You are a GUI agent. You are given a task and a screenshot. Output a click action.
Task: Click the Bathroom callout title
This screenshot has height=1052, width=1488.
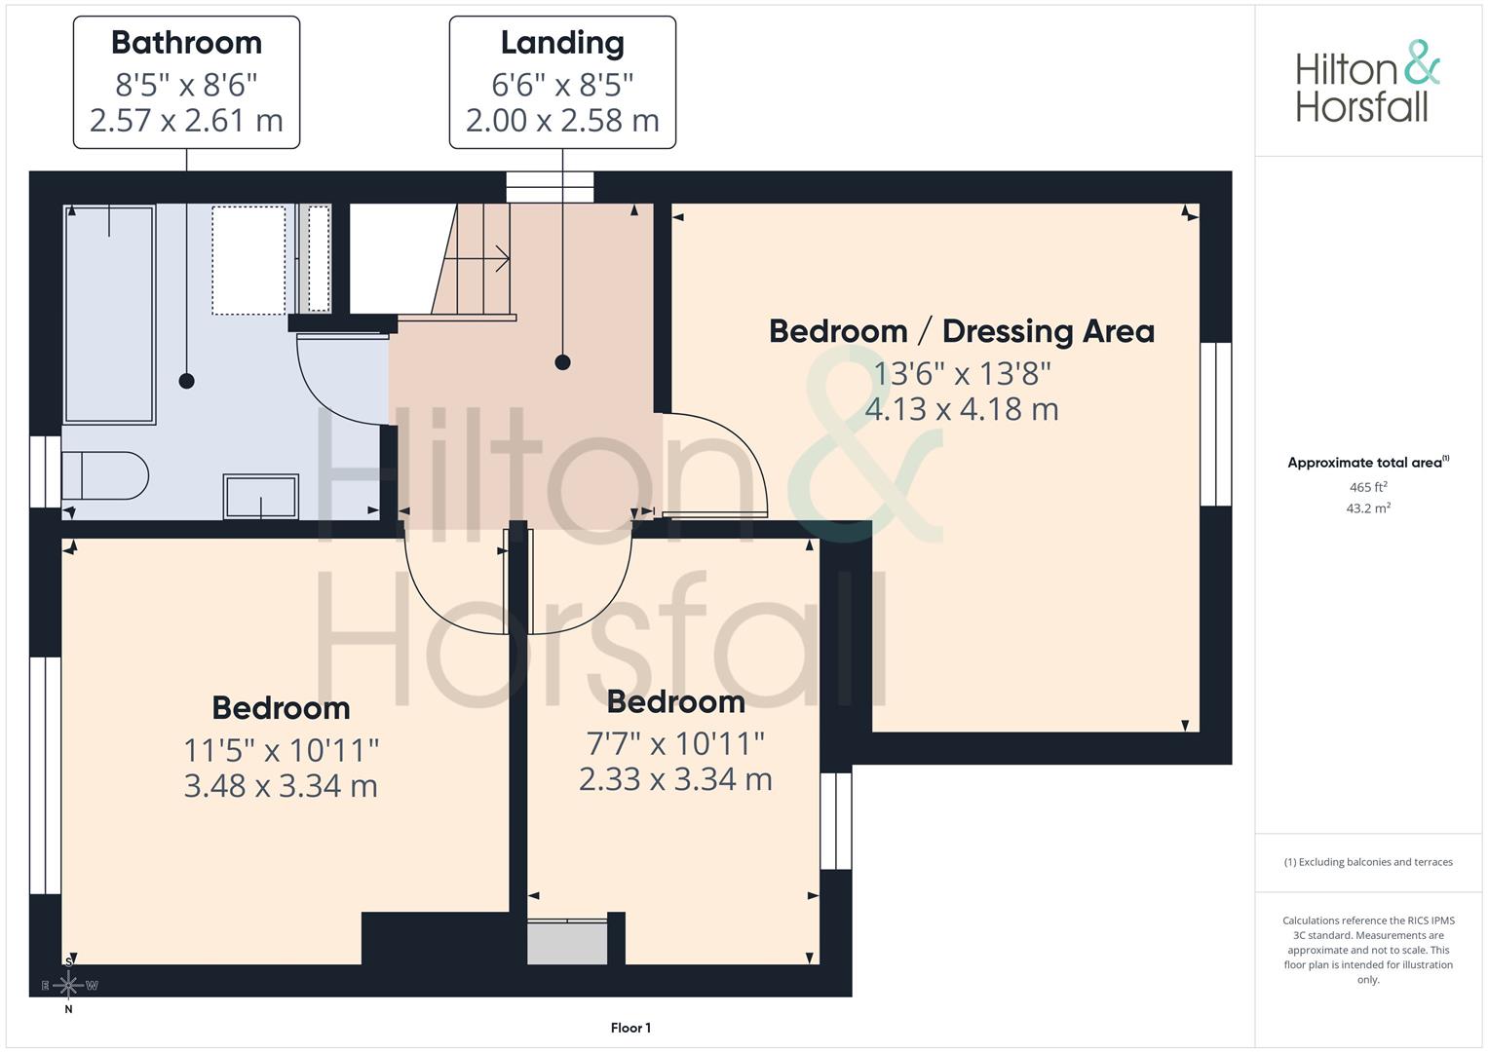(x=186, y=43)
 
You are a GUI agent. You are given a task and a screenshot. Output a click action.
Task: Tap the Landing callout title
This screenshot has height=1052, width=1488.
(x=562, y=43)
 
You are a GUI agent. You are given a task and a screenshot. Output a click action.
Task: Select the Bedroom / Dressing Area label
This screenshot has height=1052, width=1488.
(x=961, y=331)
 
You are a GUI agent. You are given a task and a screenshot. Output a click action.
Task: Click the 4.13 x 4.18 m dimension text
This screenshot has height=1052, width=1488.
(x=961, y=409)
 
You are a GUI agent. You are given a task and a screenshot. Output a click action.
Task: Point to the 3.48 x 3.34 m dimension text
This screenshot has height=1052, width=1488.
(x=281, y=786)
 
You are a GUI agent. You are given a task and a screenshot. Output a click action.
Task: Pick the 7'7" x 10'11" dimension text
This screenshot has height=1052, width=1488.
(x=675, y=744)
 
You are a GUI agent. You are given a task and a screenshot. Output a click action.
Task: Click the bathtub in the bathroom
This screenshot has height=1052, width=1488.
(x=109, y=314)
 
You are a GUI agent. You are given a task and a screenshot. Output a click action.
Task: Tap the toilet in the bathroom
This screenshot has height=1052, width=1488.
(x=104, y=475)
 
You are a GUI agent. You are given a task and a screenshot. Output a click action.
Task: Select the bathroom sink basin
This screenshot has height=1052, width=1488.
(x=260, y=497)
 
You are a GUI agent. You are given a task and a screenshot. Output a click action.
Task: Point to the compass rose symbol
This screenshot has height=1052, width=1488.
(x=68, y=985)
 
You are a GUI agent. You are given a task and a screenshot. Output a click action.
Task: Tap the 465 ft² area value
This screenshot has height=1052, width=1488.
(x=1368, y=487)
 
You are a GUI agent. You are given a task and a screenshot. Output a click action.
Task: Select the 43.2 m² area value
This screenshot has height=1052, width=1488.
(x=1368, y=508)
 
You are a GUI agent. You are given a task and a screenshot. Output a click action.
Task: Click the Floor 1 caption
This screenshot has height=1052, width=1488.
(x=630, y=1028)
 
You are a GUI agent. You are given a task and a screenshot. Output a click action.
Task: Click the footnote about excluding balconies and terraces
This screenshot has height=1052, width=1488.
(x=1368, y=862)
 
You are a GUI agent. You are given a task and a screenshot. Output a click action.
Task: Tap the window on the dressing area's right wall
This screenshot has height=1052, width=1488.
(x=1215, y=424)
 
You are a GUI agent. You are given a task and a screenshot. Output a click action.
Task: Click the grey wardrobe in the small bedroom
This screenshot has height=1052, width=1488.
(x=567, y=942)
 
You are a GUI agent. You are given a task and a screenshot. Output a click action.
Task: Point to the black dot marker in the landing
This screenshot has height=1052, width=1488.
(x=562, y=362)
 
